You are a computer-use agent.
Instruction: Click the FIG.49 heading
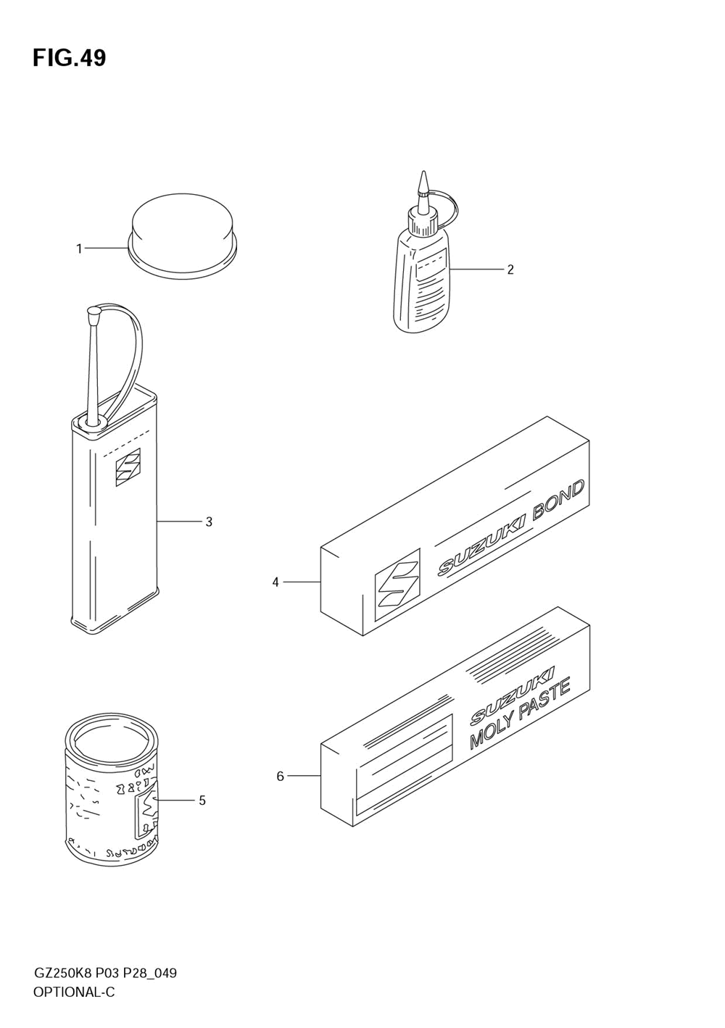click(69, 58)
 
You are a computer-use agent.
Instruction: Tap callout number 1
click(79, 249)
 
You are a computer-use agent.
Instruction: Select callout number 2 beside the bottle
click(510, 269)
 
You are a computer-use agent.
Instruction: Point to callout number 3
click(209, 522)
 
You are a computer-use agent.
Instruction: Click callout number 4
click(275, 582)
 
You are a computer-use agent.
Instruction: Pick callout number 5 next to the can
click(202, 801)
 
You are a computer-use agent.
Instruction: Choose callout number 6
click(280, 777)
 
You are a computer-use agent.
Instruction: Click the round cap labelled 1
click(183, 231)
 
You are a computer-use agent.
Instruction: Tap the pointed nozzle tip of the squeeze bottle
click(423, 181)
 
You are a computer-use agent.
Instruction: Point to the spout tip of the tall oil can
click(93, 314)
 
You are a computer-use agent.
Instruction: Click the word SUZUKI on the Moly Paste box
click(513, 695)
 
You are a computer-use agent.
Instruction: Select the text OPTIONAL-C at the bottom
click(74, 993)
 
